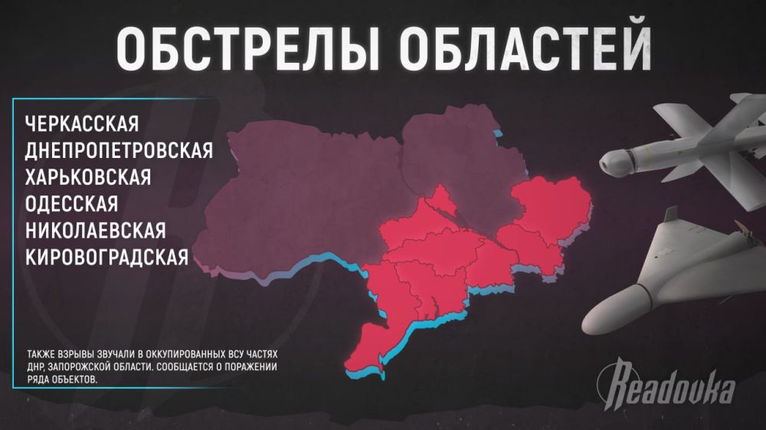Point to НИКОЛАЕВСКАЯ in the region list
(x=95, y=230)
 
